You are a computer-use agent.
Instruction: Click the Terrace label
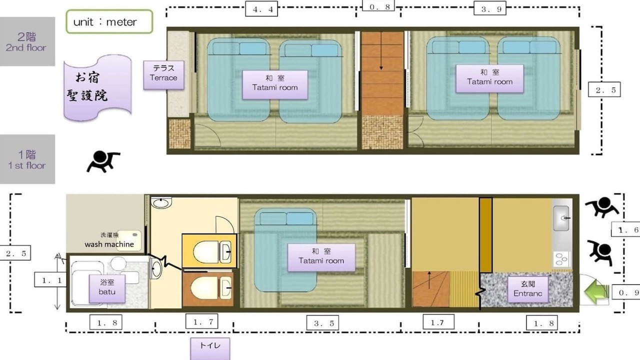click(x=163, y=75)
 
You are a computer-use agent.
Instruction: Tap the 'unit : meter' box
click(x=109, y=21)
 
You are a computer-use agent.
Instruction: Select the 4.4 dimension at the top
click(x=261, y=9)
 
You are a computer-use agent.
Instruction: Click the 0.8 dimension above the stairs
click(x=378, y=6)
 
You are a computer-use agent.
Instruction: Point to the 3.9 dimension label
click(x=490, y=8)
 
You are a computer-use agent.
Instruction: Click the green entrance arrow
click(x=594, y=292)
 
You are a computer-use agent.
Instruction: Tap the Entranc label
click(x=527, y=289)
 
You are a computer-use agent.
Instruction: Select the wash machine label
click(x=109, y=244)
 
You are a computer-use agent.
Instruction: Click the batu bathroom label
click(x=107, y=288)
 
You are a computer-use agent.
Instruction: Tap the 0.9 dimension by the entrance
click(x=625, y=292)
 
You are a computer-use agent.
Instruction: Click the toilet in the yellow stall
click(x=212, y=251)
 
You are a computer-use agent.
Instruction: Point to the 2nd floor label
click(x=26, y=41)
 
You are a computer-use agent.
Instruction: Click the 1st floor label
click(x=27, y=159)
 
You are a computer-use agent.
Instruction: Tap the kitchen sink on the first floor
click(x=561, y=218)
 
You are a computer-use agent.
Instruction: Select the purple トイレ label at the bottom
click(x=210, y=348)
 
